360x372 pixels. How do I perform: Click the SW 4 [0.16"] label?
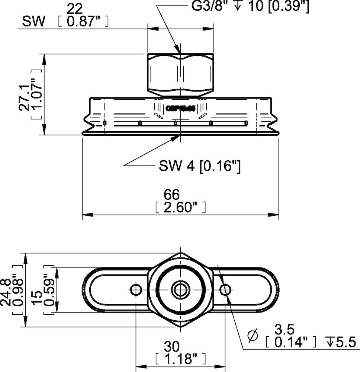tap(200, 166)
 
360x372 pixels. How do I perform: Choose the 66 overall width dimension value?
tap(171, 194)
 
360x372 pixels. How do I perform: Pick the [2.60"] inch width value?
tap(180, 207)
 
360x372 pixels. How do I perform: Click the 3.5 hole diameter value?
tap(284, 329)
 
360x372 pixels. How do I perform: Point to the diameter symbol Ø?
tap(253, 336)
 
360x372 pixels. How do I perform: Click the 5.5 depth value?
tap(346, 342)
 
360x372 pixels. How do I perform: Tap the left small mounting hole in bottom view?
tap(136, 289)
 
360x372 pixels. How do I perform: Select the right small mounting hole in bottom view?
tap(225, 289)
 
